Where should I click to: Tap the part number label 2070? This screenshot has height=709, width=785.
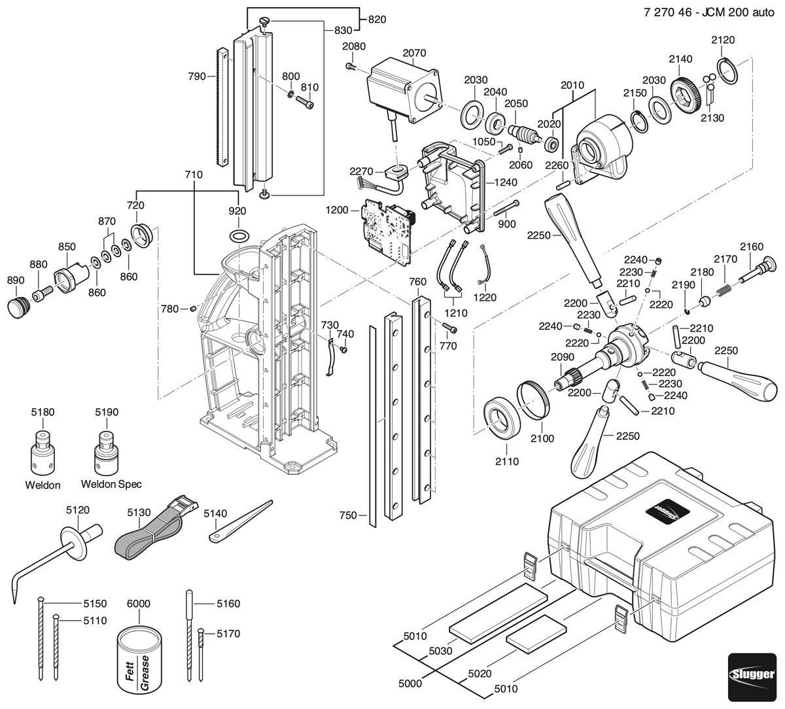click(x=414, y=52)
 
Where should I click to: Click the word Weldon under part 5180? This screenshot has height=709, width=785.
click(x=43, y=485)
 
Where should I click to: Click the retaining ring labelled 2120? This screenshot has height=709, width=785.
click(x=727, y=71)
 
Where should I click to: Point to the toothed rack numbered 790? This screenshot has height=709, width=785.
click(x=221, y=107)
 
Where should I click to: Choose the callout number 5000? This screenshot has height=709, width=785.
click(x=410, y=683)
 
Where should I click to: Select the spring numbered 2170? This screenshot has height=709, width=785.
click(x=725, y=290)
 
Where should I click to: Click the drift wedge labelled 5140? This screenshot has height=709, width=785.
click(x=240, y=521)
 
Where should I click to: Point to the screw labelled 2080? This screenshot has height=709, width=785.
click(x=350, y=67)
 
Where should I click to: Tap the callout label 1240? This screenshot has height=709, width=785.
click(x=505, y=182)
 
